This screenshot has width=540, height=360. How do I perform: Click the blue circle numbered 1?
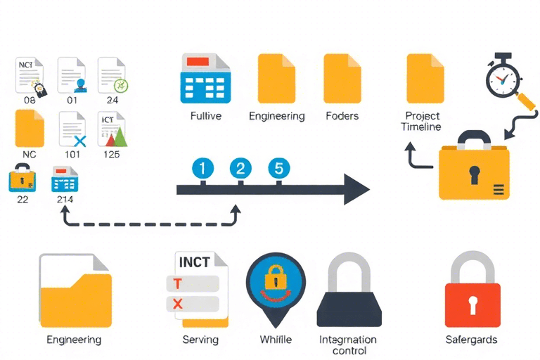tap(202, 169)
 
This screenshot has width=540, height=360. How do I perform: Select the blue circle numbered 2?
tap(240, 169)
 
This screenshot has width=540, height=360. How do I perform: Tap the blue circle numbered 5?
tap(279, 169)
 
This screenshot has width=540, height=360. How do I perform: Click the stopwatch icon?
tap(502, 79)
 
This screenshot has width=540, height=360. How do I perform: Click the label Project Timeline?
tap(421, 121)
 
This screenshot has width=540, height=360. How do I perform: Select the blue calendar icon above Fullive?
tap(206, 79)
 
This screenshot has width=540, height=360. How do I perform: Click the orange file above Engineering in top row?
tap(276, 79)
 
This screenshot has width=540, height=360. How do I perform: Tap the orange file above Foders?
tap(342, 79)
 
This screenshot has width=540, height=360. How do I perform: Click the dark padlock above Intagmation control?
tap(349, 295)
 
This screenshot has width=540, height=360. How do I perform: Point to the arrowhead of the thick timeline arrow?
tap(356, 189)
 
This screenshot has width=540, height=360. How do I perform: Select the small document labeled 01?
tap(72, 76)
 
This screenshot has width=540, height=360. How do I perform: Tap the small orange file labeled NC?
tap(30, 129)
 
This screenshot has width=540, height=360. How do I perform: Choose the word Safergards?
tap(471, 340)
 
